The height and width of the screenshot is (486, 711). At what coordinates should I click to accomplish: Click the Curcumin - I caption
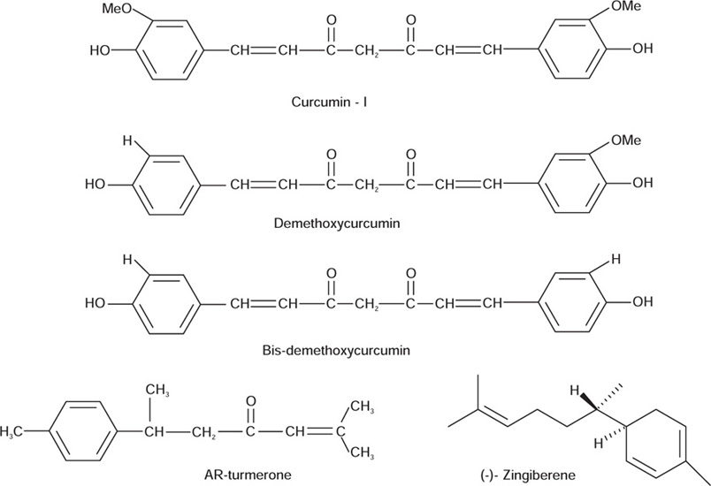(x=330, y=102)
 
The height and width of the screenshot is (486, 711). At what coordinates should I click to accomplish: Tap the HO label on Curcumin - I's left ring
(x=101, y=50)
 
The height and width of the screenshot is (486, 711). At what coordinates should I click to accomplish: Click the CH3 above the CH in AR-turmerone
(x=156, y=390)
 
